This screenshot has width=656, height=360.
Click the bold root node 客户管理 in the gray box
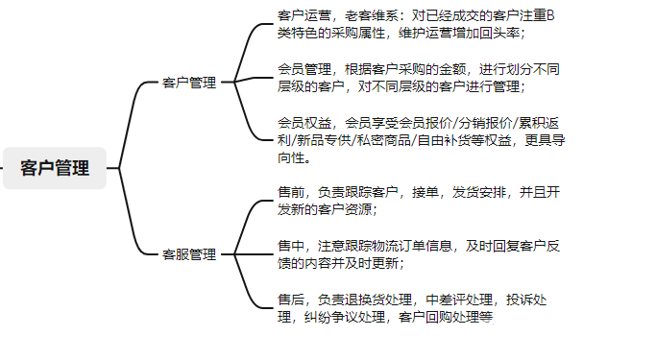click(x=55, y=168)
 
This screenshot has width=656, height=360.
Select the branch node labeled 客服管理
click(x=188, y=254)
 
